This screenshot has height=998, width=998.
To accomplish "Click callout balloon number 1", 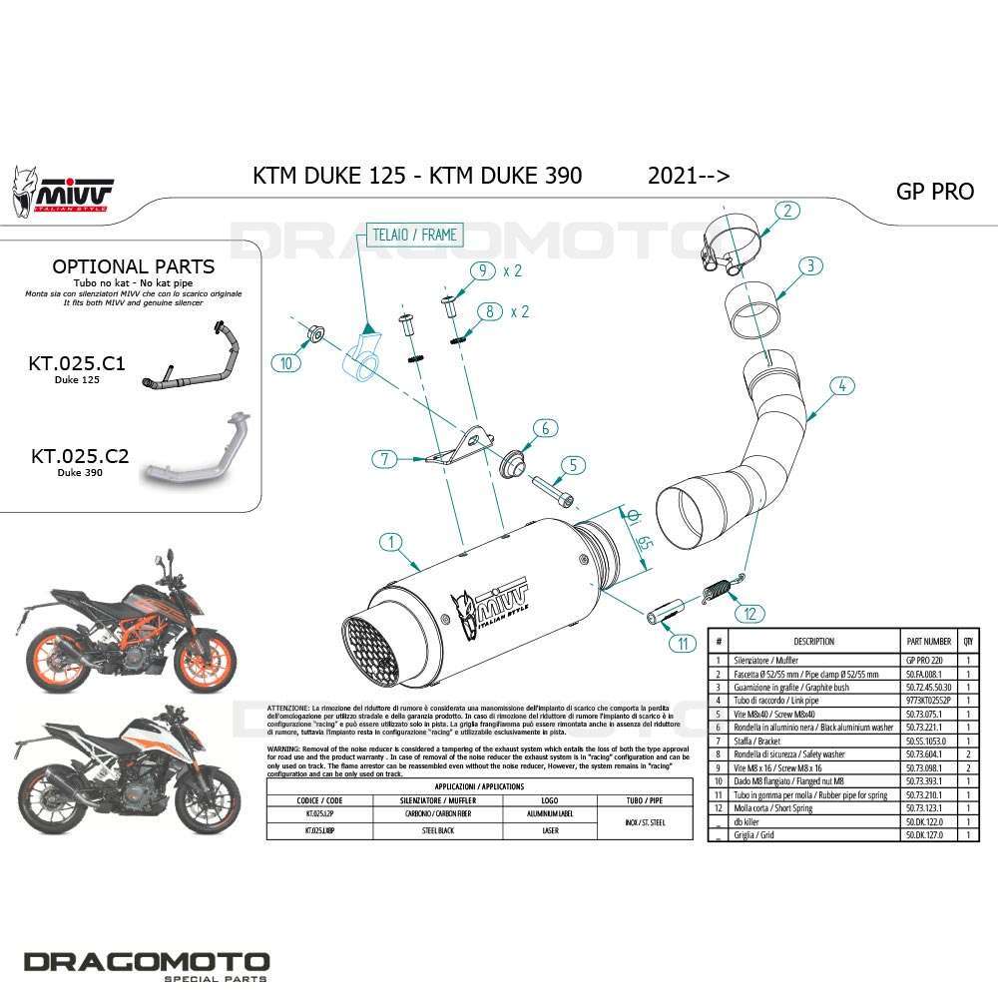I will pos(391,543).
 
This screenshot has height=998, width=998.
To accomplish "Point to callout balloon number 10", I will pos(286,362).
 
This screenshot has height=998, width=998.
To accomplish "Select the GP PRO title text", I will pos(934,191).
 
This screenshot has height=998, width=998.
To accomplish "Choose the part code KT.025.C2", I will pos(80,456).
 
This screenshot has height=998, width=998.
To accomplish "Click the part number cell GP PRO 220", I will pos(923,660).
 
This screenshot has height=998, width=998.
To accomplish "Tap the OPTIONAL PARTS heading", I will pos(133,266).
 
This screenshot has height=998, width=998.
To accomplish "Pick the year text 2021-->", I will pos(689,176).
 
